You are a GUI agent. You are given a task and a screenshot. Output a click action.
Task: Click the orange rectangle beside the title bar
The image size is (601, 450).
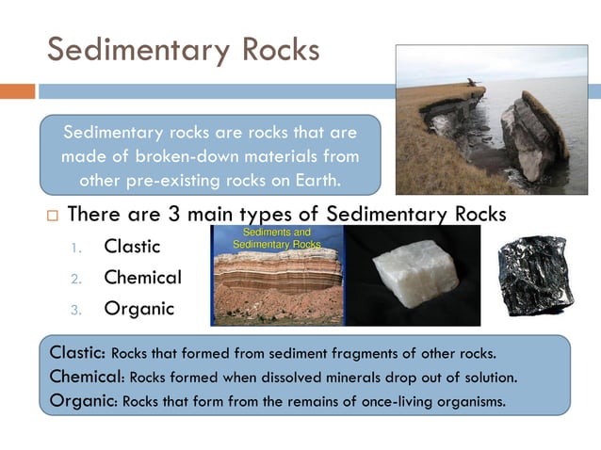click(x=17, y=91)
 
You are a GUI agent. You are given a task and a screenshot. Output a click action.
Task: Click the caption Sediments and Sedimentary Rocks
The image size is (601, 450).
click(x=278, y=238)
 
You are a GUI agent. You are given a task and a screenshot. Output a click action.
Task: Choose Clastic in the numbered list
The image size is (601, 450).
click(x=132, y=248)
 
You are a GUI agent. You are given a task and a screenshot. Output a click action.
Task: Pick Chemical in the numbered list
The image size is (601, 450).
click(x=142, y=278)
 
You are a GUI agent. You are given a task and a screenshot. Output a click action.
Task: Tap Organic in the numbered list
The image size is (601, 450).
click(x=139, y=308)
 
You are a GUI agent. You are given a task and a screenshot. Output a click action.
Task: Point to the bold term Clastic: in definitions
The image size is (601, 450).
click(x=78, y=353)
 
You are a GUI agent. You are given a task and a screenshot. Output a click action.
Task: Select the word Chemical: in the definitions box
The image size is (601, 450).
click(x=87, y=377)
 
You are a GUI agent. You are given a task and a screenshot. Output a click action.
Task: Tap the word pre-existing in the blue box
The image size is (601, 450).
click(x=165, y=179)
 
